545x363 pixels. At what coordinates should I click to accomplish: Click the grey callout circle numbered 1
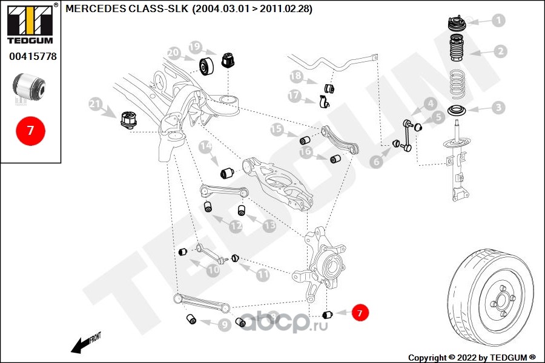498,21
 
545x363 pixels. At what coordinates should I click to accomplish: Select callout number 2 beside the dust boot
500,51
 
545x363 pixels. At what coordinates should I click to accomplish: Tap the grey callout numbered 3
498,108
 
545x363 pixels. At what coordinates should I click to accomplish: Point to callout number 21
96,104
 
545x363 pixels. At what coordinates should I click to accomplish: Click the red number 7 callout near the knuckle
358,313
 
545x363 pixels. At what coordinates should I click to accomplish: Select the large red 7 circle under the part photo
30,130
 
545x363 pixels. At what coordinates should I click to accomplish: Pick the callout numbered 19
194,47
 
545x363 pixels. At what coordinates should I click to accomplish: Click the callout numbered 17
294,96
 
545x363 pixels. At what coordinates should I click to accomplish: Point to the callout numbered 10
213,271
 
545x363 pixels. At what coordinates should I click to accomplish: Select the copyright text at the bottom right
472,357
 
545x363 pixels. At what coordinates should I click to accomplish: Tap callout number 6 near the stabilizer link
377,161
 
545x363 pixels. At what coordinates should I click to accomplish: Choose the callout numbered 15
276,129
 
